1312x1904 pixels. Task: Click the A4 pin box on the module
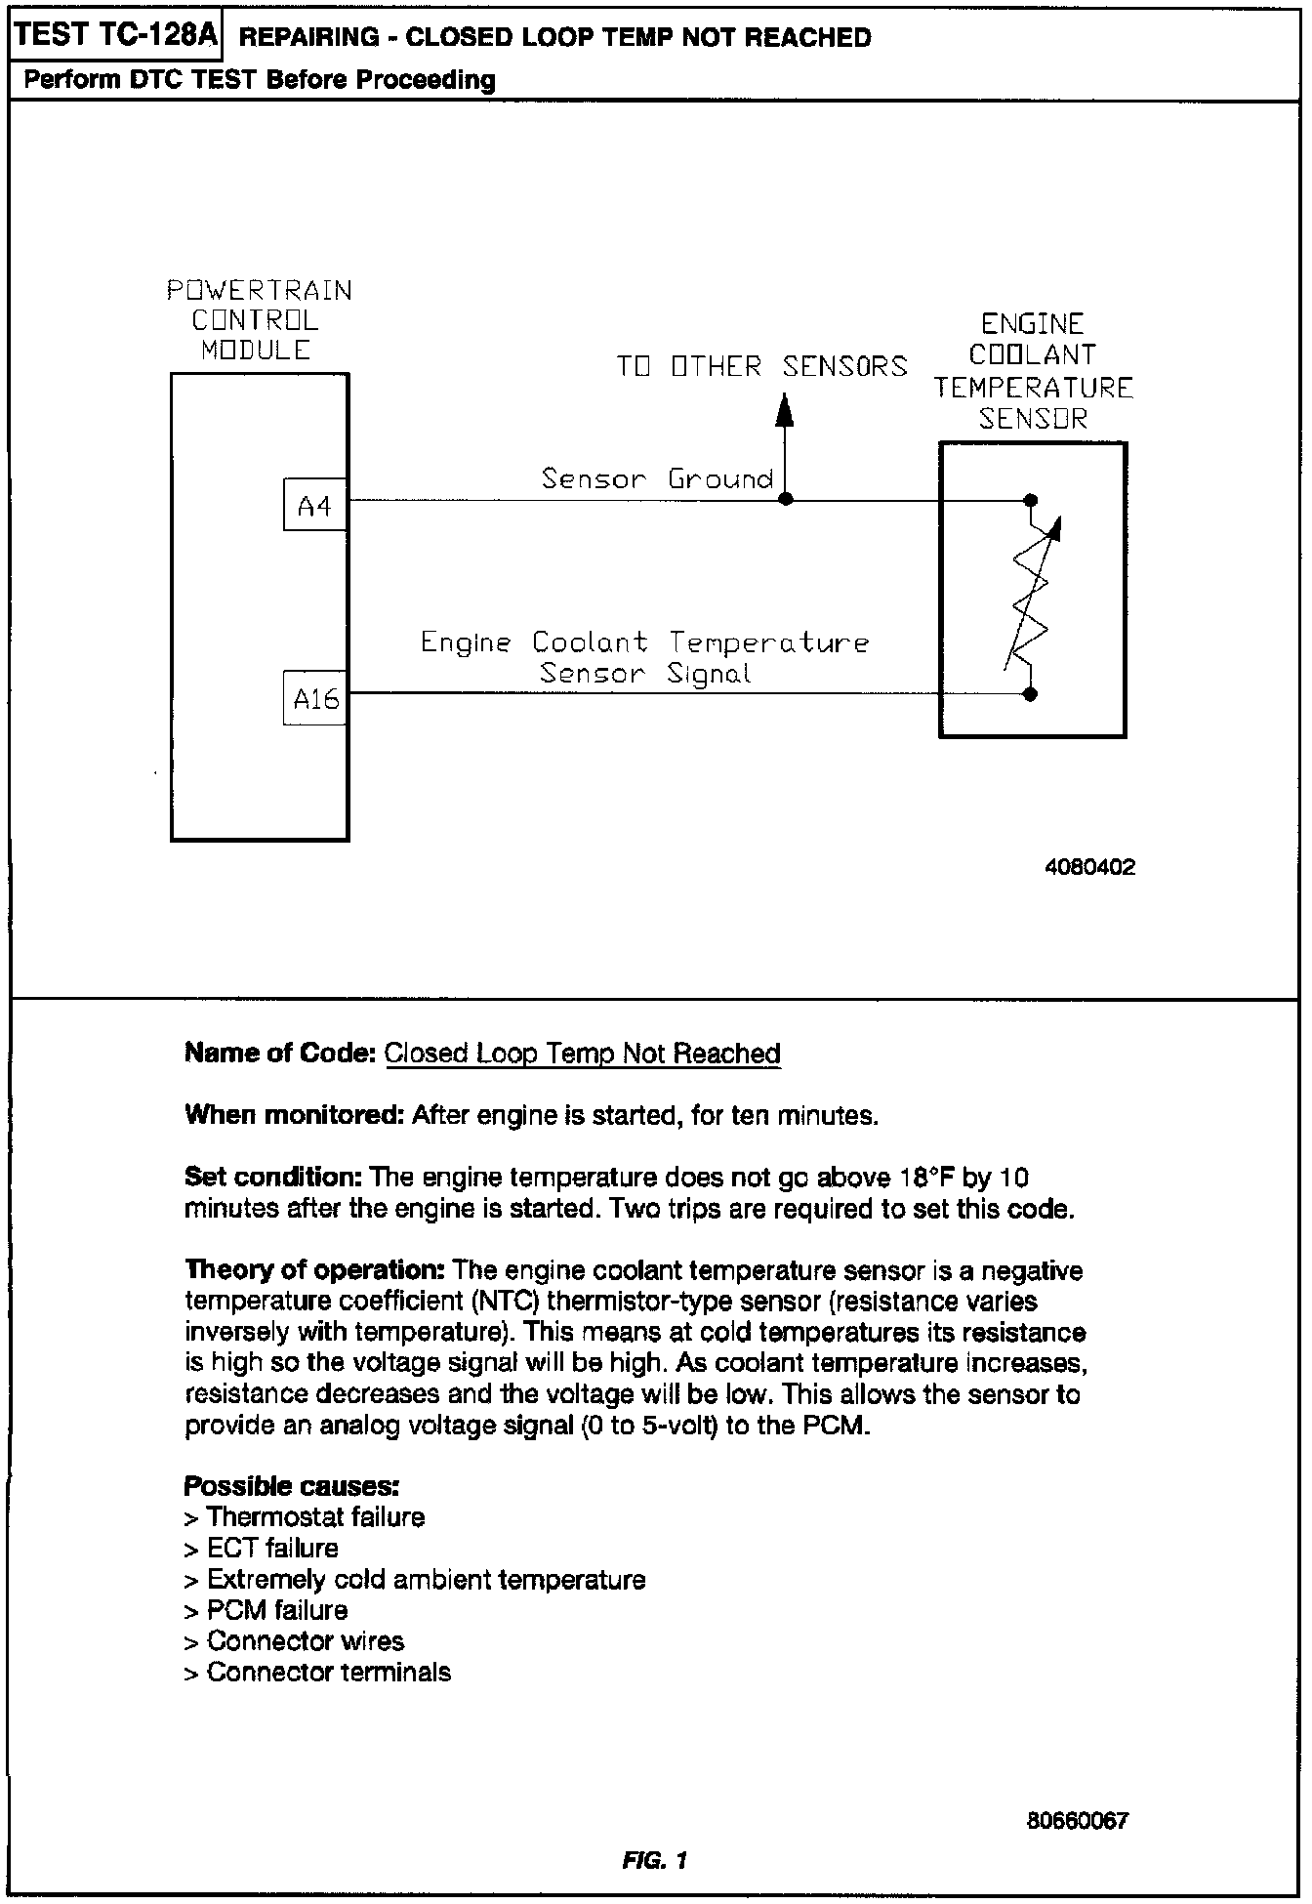point(314,506)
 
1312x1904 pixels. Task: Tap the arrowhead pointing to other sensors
point(784,409)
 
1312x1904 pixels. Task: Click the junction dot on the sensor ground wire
point(785,500)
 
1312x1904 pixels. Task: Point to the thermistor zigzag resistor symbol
point(1031,598)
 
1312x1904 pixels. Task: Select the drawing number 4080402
point(1089,868)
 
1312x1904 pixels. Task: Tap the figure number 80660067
point(1077,1821)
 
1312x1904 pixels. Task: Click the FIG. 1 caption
point(654,1860)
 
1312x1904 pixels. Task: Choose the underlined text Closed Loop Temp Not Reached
point(583,1054)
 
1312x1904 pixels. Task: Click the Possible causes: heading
point(292,1486)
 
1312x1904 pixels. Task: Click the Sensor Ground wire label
point(657,479)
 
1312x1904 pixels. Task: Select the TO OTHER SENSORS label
point(761,367)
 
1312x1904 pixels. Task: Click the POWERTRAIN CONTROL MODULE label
point(259,320)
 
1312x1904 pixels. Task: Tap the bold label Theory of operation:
point(315,1270)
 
